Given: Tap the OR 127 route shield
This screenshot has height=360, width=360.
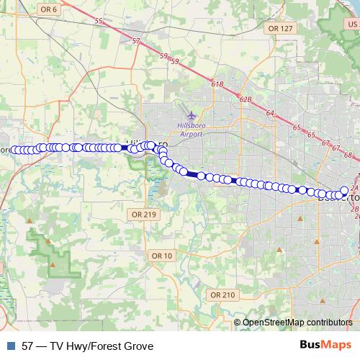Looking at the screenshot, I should pyautogui.click(x=280, y=28).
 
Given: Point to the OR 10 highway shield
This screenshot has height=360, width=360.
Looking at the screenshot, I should pyautogui.click(x=162, y=256).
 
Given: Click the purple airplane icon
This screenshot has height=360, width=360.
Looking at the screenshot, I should pyautogui.click(x=191, y=115).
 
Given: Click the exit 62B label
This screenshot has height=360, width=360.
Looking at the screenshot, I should pyautogui.click(x=246, y=99).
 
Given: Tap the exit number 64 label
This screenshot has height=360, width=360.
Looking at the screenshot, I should pyautogui.click(x=270, y=113).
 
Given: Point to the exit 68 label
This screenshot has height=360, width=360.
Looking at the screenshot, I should pyautogui.click(x=348, y=155).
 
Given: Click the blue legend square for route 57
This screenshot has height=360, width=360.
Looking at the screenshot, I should pyautogui.click(x=9, y=346).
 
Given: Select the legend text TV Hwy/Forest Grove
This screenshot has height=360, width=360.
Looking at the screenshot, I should pyautogui.click(x=102, y=346).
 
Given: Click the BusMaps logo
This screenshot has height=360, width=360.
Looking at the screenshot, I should pyautogui.click(x=325, y=345).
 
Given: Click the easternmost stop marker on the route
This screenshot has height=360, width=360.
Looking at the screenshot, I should pyautogui.click(x=344, y=191).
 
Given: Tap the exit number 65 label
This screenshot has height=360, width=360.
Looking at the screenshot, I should pyautogui.click(x=297, y=127).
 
